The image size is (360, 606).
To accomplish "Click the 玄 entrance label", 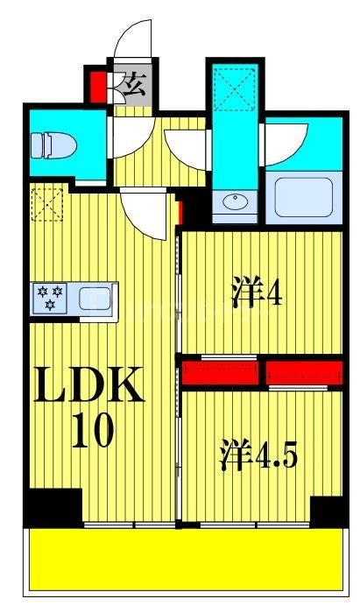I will click(x=134, y=85).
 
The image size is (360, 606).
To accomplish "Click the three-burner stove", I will click(x=49, y=298).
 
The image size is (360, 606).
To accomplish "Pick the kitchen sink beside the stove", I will click(x=96, y=299).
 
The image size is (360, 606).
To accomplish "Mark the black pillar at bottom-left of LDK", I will click(x=53, y=507).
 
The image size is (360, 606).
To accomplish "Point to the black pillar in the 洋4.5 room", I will click(x=327, y=511).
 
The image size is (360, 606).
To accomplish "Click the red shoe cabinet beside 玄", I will click(x=97, y=85).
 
